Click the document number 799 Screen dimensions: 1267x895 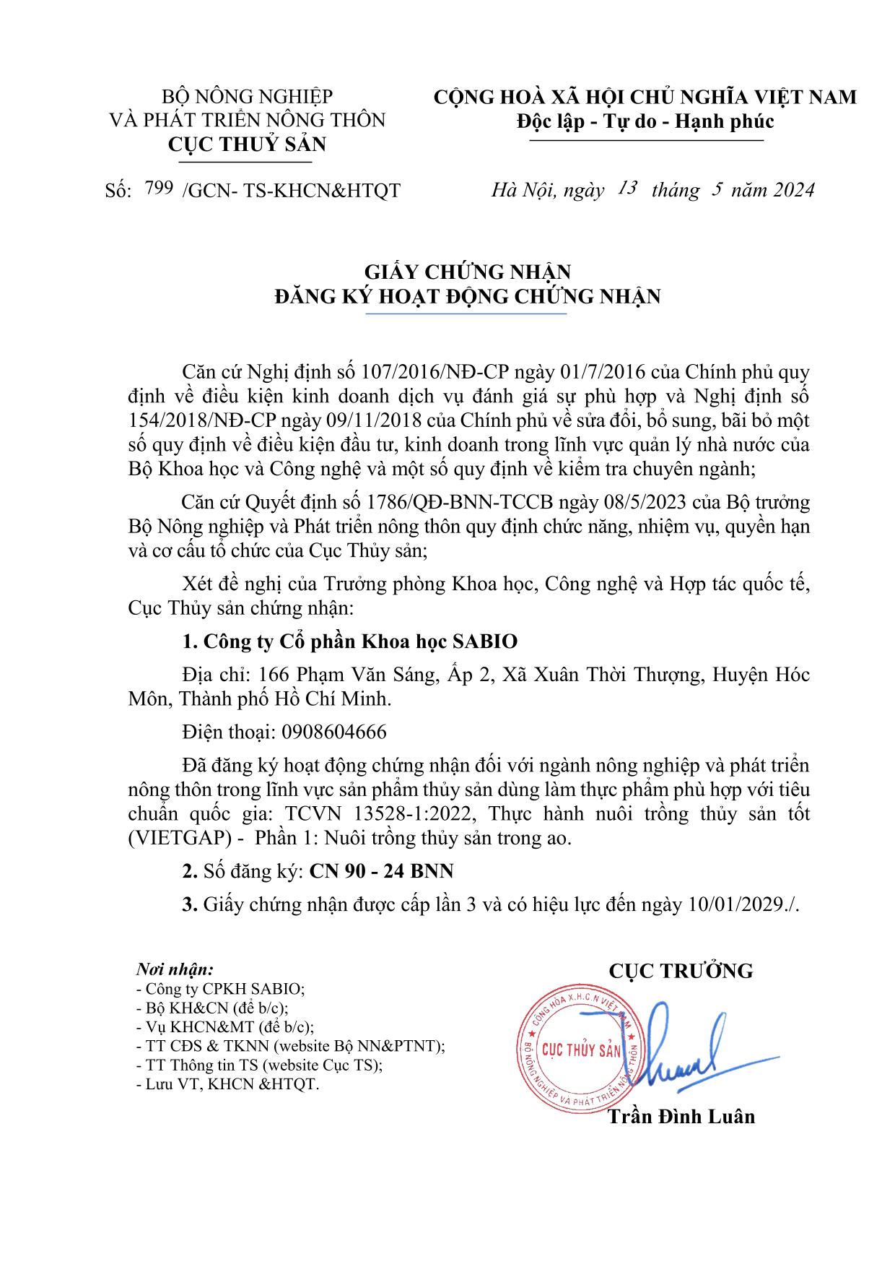[158, 189]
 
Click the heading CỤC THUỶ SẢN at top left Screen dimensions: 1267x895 [247, 144]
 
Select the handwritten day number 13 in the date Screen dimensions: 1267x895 [626, 189]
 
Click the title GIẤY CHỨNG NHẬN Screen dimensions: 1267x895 [467, 272]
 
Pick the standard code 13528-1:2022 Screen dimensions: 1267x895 [415, 813]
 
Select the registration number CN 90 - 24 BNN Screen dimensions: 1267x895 [381, 871]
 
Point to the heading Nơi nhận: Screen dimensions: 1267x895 [175, 969]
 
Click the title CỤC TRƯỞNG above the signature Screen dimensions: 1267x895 [681, 971]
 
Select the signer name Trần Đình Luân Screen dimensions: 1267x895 [681, 1117]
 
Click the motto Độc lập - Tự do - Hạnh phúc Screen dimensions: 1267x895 [645, 121]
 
